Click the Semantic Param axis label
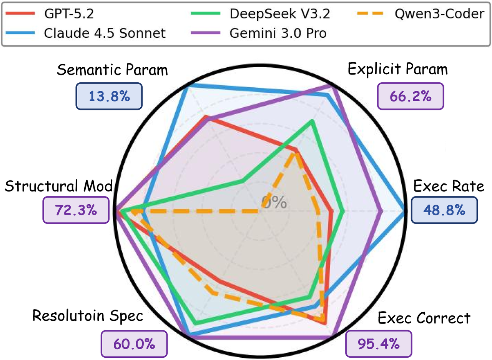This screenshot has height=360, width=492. (x=112, y=70)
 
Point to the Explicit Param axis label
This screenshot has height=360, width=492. (x=397, y=69)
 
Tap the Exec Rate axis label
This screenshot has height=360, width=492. (x=449, y=187)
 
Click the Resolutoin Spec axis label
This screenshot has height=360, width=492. (x=88, y=316)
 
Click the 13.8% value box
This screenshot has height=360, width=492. (x=110, y=96)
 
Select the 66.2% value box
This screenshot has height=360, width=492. (x=411, y=96)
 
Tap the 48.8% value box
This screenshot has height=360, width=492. (x=444, y=210)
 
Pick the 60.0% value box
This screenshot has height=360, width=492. (x=134, y=343)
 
